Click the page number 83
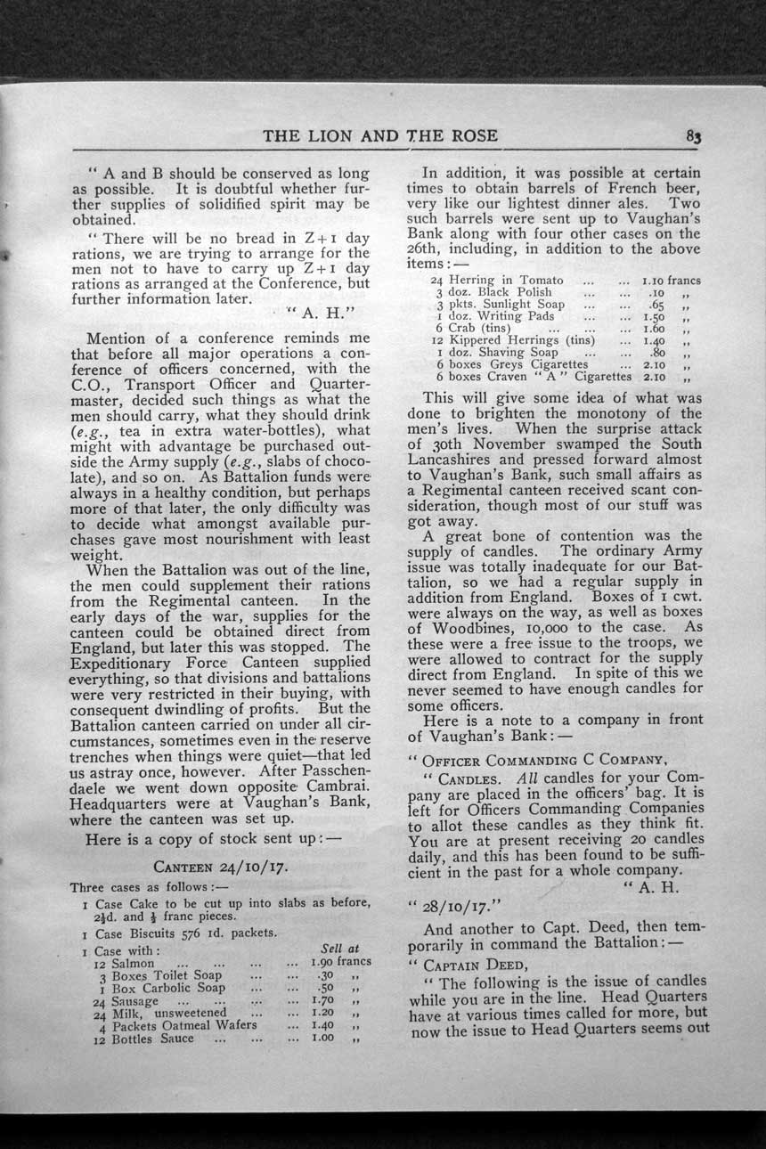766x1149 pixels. click(694, 137)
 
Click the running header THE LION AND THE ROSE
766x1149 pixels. click(380, 136)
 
